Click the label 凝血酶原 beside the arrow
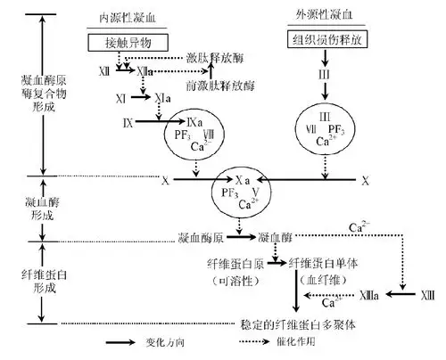(x=202, y=238)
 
